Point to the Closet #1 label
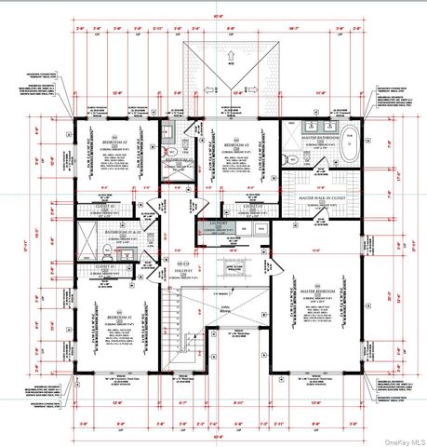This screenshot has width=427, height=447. coord(104,269)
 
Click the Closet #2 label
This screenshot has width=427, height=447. coord(105,206)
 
